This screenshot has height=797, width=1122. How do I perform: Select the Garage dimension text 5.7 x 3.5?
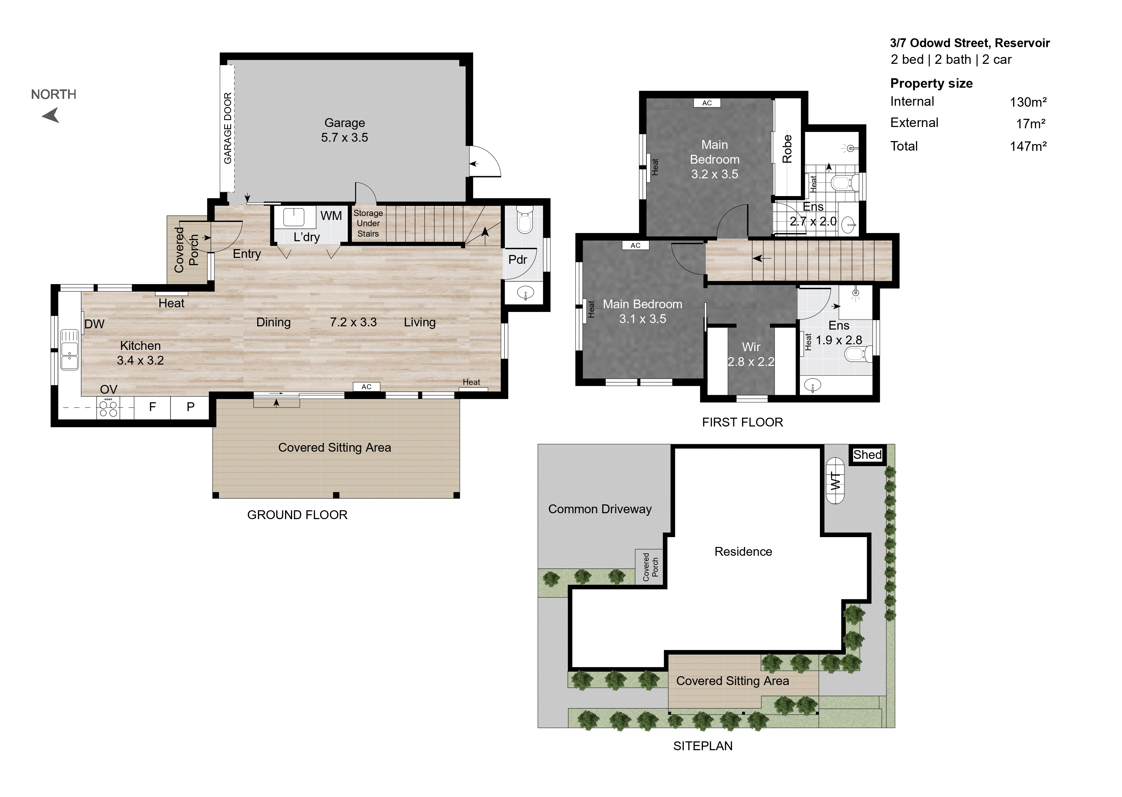click(x=345, y=137)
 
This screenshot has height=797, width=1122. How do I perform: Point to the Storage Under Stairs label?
click(x=368, y=223)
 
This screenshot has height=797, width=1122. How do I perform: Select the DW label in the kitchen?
click(x=94, y=324)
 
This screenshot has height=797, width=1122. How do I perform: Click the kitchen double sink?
click(x=69, y=350)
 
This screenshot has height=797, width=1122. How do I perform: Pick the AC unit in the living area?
click(x=367, y=387)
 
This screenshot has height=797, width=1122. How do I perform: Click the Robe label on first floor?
click(x=787, y=149)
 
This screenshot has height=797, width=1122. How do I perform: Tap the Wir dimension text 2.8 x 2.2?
click(x=751, y=362)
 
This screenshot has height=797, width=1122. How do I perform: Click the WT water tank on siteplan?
click(x=835, y=481)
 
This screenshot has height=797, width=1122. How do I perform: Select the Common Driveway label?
click(x=600, y=509)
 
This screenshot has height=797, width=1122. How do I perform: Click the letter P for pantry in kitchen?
click(x=190, y=407)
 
